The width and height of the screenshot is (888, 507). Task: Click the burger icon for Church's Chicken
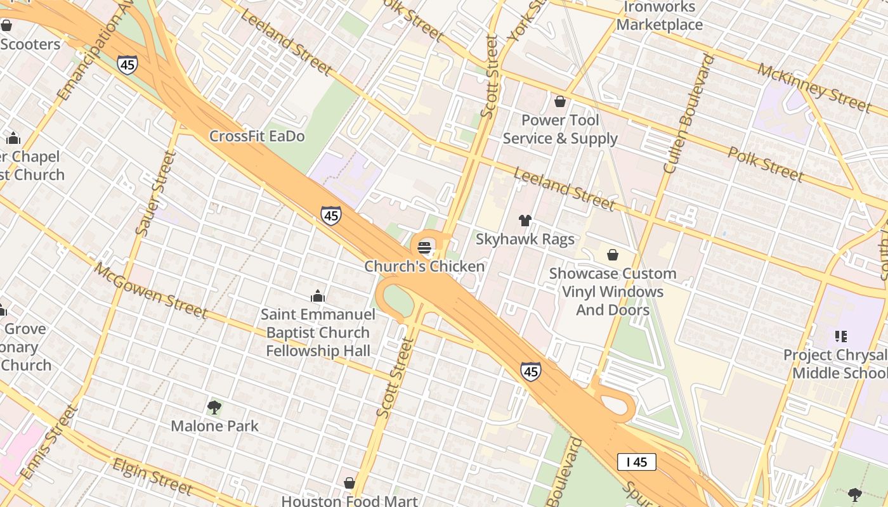[424, 248]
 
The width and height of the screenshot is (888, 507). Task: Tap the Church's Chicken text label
[424, 266]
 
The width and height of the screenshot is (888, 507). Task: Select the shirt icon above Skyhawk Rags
[525, 221]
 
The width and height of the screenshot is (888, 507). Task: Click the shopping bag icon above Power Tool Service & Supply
[560, 101]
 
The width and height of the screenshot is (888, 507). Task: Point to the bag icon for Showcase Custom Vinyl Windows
[613, 255]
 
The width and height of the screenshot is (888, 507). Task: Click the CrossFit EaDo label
[257, 136]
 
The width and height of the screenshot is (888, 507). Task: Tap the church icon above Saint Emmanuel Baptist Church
[318, 296]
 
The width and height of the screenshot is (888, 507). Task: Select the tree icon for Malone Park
[214, 407]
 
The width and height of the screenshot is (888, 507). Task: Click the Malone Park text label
[214, 426]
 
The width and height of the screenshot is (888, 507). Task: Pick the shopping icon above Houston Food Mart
[349, 483]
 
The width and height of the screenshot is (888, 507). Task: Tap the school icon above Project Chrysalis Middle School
[841, 337]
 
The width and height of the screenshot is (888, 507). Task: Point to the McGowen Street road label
[150, 290]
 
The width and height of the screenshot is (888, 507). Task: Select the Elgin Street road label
[152, 476]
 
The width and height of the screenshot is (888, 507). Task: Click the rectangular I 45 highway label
[636, 462]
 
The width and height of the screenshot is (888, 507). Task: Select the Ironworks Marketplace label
[660, 16]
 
